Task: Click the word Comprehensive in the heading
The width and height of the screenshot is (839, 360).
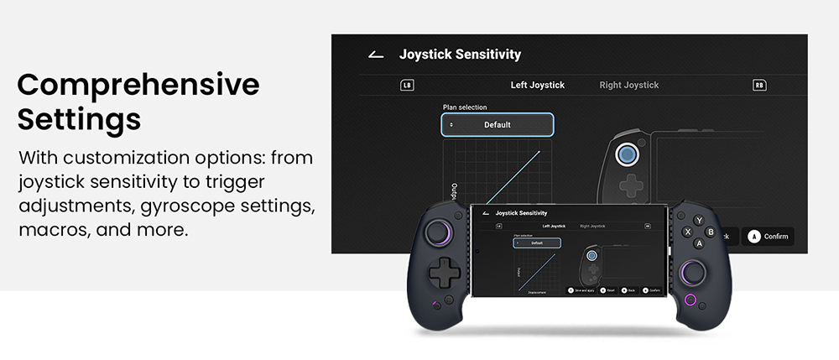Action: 138,85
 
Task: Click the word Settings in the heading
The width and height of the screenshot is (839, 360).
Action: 79,119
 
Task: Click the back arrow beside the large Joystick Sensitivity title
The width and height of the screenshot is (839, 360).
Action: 376,55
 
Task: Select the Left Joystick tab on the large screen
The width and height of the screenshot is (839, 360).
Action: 537,85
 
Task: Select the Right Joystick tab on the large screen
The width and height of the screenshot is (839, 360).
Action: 628,85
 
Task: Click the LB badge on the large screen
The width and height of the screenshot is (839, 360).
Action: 407,85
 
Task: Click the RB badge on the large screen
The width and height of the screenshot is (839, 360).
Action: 758,85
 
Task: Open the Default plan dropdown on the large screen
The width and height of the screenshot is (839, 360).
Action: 498,125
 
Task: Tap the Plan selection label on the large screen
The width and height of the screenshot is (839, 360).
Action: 465,107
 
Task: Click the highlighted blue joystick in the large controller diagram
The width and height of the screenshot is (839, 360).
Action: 625,154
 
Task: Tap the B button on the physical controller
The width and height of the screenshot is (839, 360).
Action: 711,232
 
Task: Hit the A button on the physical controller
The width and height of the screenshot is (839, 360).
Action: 699,243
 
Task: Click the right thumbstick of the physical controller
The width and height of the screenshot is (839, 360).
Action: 694,271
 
